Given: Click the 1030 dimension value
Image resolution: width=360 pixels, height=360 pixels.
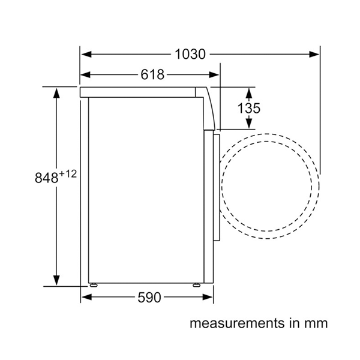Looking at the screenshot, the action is pos(190,55).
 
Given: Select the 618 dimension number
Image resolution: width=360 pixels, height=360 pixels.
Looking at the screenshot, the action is pos(152,74).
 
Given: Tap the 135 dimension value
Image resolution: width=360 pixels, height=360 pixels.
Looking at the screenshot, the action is pos(249,108).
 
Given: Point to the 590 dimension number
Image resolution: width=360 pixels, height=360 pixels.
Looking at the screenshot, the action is pos(149,298).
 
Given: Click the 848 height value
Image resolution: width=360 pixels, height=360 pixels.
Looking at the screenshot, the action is pos(46,178).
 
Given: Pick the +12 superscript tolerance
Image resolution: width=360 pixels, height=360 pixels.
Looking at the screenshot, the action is pos(68,174).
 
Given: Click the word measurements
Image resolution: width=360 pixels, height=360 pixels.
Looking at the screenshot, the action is pos(237,323).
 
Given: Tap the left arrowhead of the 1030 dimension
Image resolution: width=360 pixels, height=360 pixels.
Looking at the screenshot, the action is pos(86,55).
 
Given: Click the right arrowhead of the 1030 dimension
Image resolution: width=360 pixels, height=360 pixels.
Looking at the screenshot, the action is pos(314,55).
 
